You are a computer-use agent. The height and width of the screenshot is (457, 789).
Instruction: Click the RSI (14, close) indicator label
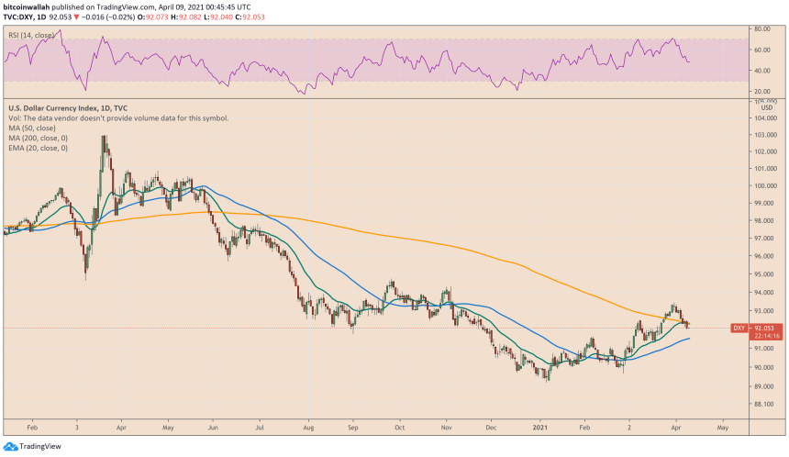pos(30,36)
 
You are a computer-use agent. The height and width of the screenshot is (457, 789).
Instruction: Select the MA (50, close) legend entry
pos(31,128)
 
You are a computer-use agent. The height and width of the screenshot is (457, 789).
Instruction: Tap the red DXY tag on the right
pos(739,328)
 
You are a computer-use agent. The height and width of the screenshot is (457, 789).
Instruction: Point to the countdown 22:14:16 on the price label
pos(765,335)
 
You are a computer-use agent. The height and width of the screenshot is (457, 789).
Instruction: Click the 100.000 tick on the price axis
pos(765,186)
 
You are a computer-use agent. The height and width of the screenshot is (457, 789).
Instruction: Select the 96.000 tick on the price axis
pos(765,256)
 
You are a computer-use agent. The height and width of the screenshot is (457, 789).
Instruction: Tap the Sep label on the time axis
pos(353,428)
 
